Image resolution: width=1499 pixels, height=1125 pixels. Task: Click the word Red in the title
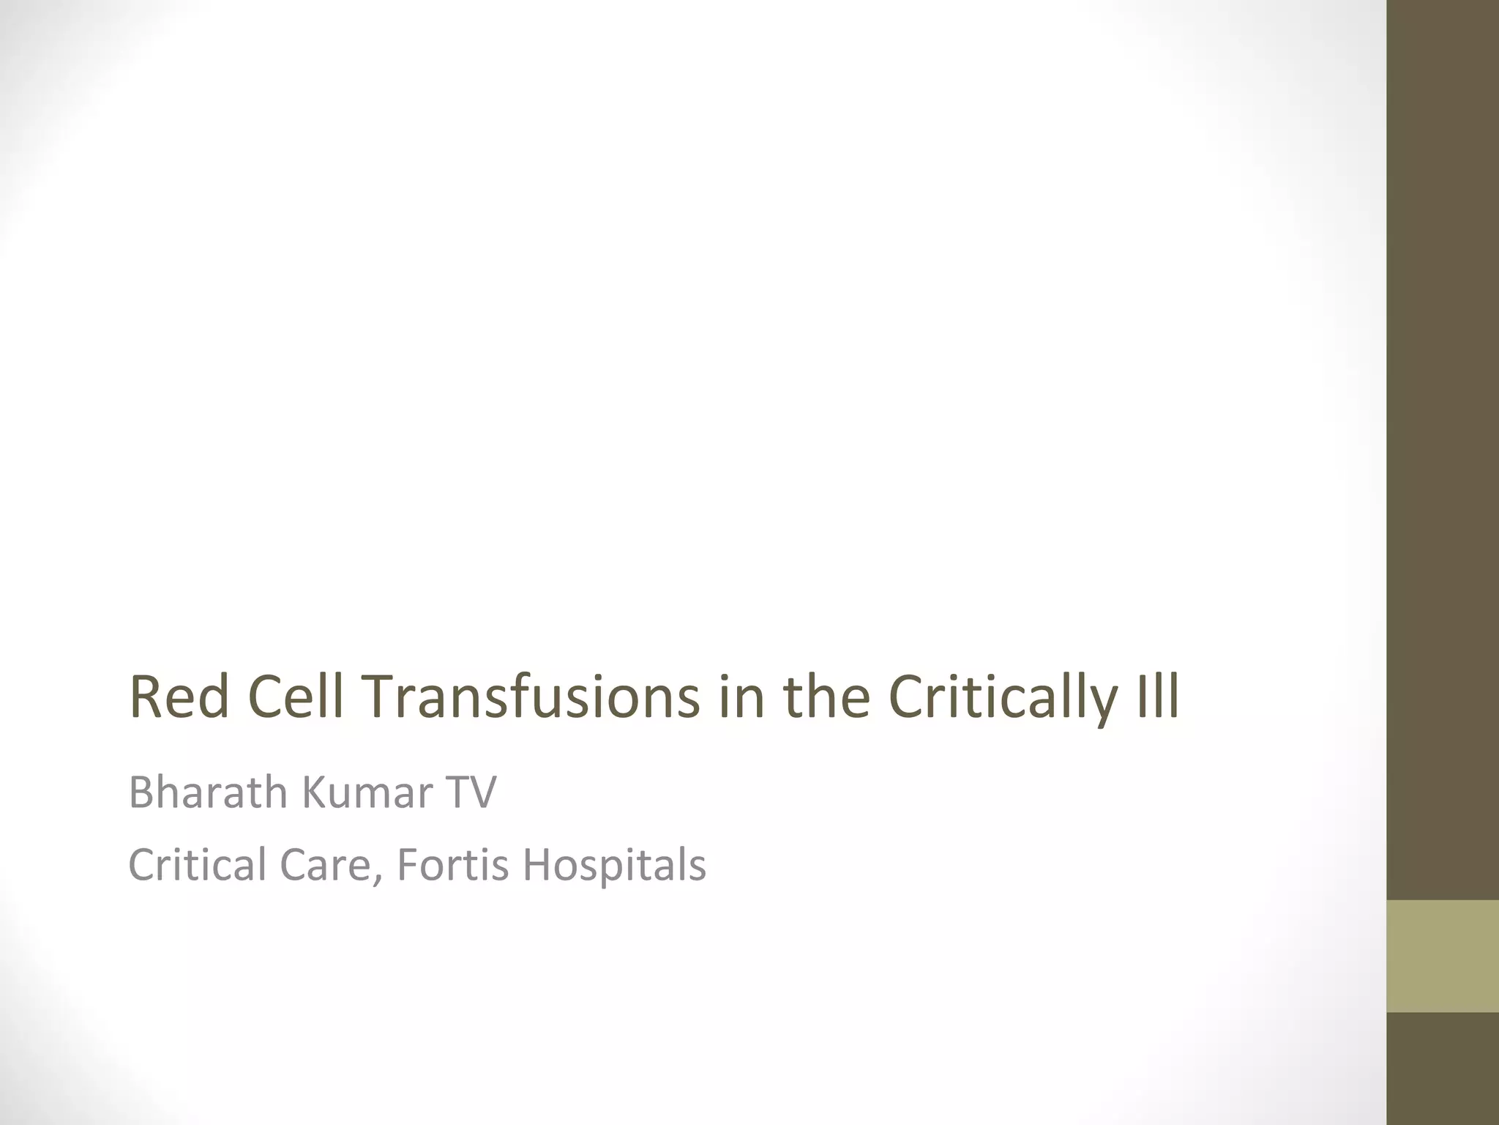pyautogui.click(x=179, y=697)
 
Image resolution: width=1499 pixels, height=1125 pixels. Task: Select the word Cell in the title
pyautogui.click(x=296, y=697)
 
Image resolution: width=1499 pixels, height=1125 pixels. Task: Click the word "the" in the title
pyautogui.click(x=826, y=697)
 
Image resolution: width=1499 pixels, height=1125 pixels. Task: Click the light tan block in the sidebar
pyautogui.click(x=1443, y=956)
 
